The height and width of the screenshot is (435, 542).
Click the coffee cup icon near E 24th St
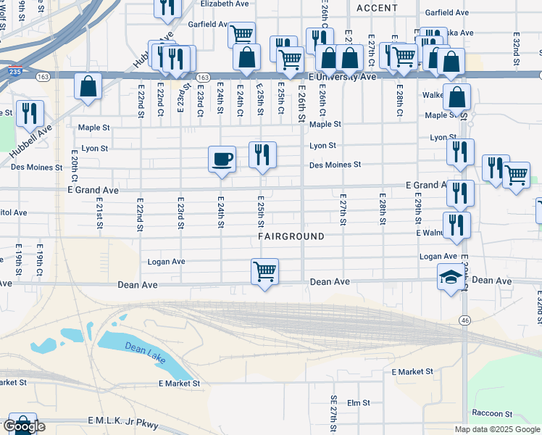tap(222, 158)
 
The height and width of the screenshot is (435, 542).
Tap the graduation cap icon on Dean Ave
tap(451, 278)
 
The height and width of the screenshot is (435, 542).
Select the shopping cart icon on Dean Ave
tap(264, 273)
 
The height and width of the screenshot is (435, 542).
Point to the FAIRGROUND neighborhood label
tap(291, 237)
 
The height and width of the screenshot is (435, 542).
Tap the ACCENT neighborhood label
tap(377, 8)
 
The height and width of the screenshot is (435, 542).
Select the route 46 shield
tap(464, 320)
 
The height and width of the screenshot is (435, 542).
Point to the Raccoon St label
tap(492, 413)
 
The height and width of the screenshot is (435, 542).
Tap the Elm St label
tap(359, 402)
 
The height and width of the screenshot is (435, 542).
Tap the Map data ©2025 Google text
tap(497, 429)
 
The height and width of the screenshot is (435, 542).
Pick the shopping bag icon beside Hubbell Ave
tap(88, 86)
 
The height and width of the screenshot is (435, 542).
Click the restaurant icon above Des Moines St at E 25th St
tap(262, 154)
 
